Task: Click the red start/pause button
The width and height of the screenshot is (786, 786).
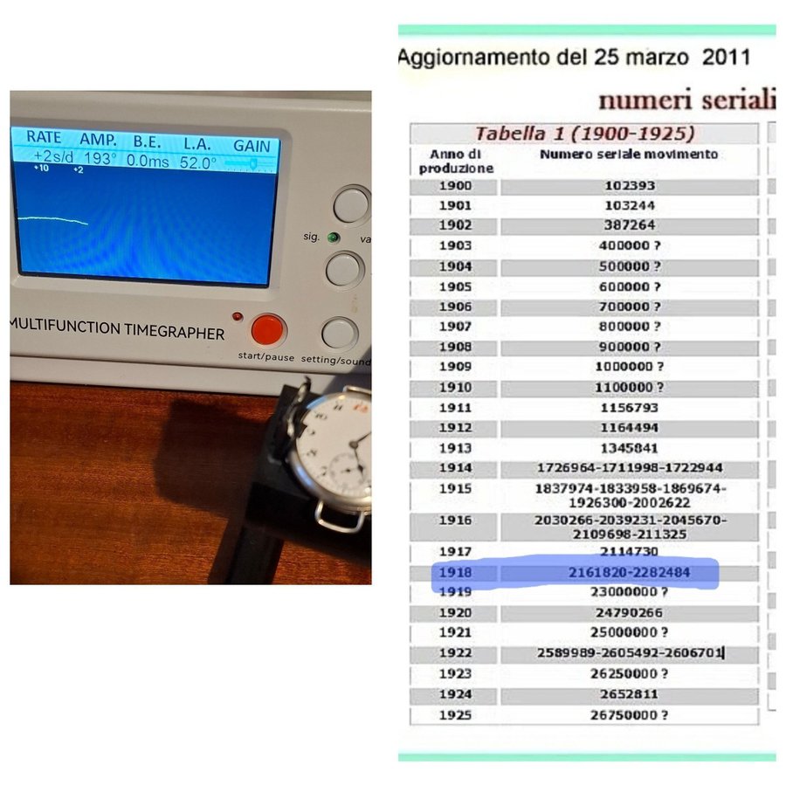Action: point(266,329)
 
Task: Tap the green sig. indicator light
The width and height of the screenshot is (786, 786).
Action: point(333,237)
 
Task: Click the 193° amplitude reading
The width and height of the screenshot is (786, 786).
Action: point(100,158)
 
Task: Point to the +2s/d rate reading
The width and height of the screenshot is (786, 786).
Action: point(53,156)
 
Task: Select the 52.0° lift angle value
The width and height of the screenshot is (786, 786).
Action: point(198,162)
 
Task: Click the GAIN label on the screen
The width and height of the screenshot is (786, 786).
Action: point(252,146)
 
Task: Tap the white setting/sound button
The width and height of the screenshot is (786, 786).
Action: point(340,334)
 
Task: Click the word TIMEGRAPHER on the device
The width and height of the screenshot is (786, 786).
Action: point(174,332)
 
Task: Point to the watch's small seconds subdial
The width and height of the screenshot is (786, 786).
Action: point(347,469)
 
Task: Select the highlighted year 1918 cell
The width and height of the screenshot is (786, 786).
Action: point(455,572)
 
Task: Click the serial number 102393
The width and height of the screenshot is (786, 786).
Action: point(630,185)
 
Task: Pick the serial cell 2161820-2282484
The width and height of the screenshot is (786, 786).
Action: point(629,572)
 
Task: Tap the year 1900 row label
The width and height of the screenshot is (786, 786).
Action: point(455,185)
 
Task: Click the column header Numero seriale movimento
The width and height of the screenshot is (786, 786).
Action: point(629,154)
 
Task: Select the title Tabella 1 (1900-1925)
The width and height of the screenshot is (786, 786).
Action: point(584,134)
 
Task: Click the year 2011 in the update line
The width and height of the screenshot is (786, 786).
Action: point(726,57)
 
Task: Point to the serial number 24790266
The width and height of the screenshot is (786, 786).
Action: point(629,612)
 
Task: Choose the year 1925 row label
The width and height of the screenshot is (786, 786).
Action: point(455,714)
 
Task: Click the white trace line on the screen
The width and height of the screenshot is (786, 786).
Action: point(53,219)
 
